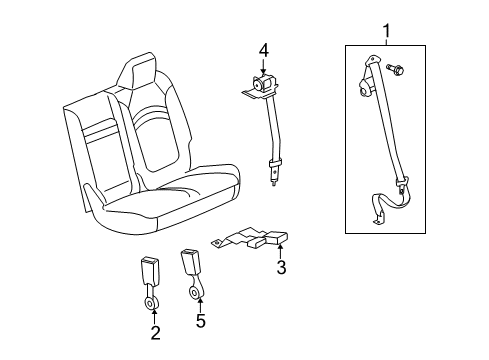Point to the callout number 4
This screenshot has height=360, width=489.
(x=264, y=49)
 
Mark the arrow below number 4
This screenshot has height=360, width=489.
(x=264, y=66)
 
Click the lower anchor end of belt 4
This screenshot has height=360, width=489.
(x=273, y=179)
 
